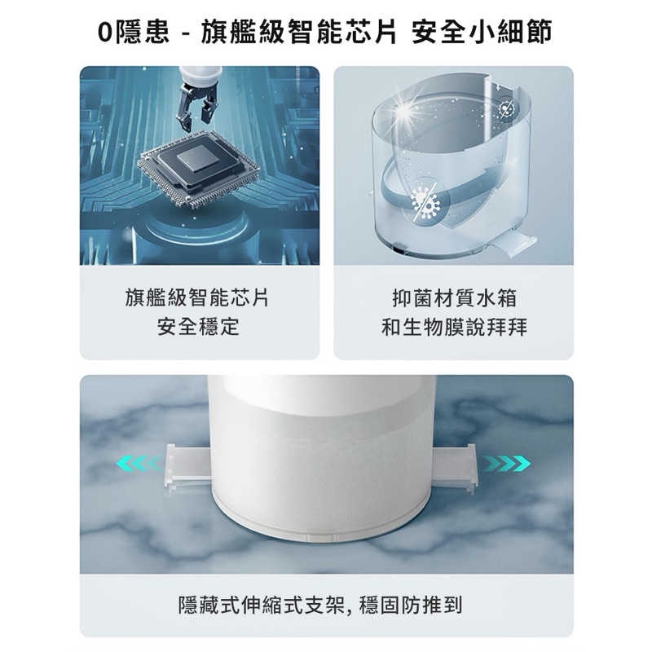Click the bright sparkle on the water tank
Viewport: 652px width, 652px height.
404,111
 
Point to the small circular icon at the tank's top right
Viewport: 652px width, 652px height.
508,108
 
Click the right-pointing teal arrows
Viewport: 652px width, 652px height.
506,463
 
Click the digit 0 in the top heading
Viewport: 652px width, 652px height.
105,33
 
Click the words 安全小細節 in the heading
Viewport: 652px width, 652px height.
482,33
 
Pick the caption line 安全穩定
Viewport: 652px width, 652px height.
198,327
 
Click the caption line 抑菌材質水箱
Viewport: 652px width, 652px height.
455,297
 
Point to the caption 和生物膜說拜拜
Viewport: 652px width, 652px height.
454,327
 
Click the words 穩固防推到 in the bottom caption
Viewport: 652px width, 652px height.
411,605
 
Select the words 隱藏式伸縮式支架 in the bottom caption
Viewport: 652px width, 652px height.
262,605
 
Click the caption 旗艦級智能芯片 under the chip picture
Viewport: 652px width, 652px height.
197,297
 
